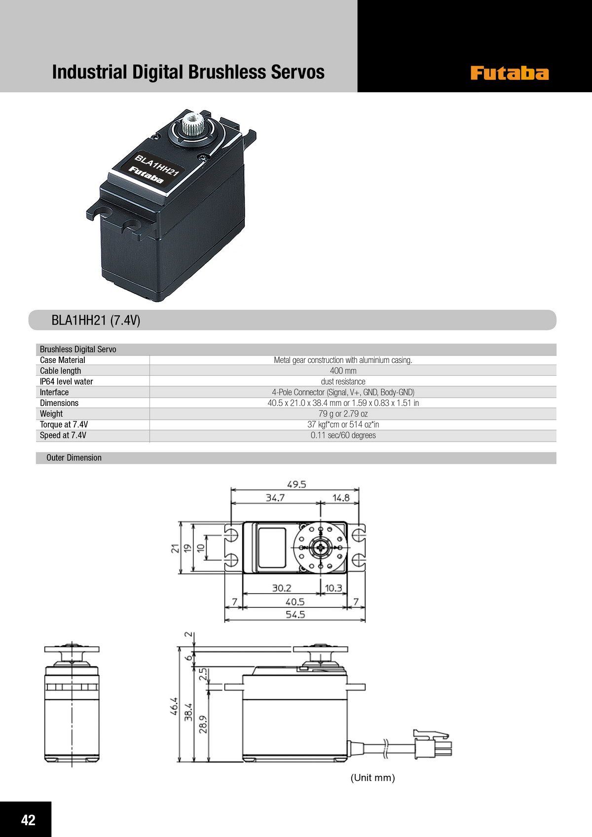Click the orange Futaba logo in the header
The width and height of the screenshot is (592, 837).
(510, 73)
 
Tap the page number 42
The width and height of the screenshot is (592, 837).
(29, 820)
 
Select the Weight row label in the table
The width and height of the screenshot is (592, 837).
(51, 414)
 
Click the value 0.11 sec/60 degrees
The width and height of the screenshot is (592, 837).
(343, 436)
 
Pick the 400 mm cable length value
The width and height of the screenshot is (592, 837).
(343, 371)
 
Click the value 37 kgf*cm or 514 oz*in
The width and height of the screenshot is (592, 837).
(343, 425)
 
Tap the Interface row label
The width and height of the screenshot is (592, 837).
(54, 392)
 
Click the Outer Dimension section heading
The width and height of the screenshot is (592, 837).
(74, 458)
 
